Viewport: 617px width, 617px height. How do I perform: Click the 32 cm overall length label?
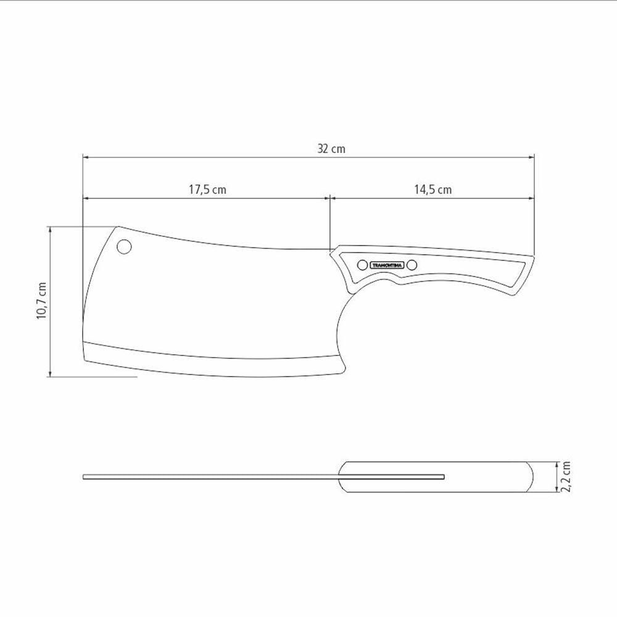point(331,149)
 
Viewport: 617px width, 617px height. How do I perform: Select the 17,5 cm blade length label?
point(207,189)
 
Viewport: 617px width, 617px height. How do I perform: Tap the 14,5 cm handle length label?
point(433,189)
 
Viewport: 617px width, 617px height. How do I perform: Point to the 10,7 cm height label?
point(41,300)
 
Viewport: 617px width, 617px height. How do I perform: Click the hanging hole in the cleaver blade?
point(124,247)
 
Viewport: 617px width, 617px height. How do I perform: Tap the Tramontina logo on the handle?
point(387,265)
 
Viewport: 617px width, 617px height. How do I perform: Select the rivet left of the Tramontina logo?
point(362,265)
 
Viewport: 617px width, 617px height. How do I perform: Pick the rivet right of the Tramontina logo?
point(412,265)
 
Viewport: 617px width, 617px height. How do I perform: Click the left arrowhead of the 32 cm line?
point(86,157)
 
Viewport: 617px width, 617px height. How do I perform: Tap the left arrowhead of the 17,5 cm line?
point(86,199)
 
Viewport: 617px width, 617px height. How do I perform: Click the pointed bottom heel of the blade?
point(341,371)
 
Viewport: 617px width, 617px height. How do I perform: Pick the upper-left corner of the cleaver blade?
point(118,227)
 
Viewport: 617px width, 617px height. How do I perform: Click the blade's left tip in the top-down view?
point(84,476)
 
